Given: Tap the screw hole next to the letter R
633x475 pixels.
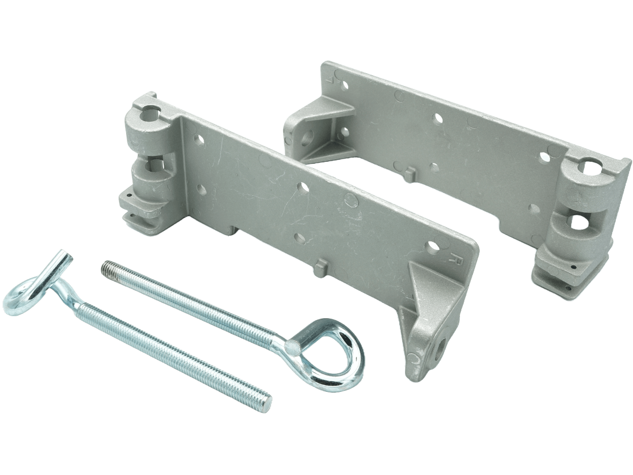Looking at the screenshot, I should [x=434, y=245].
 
